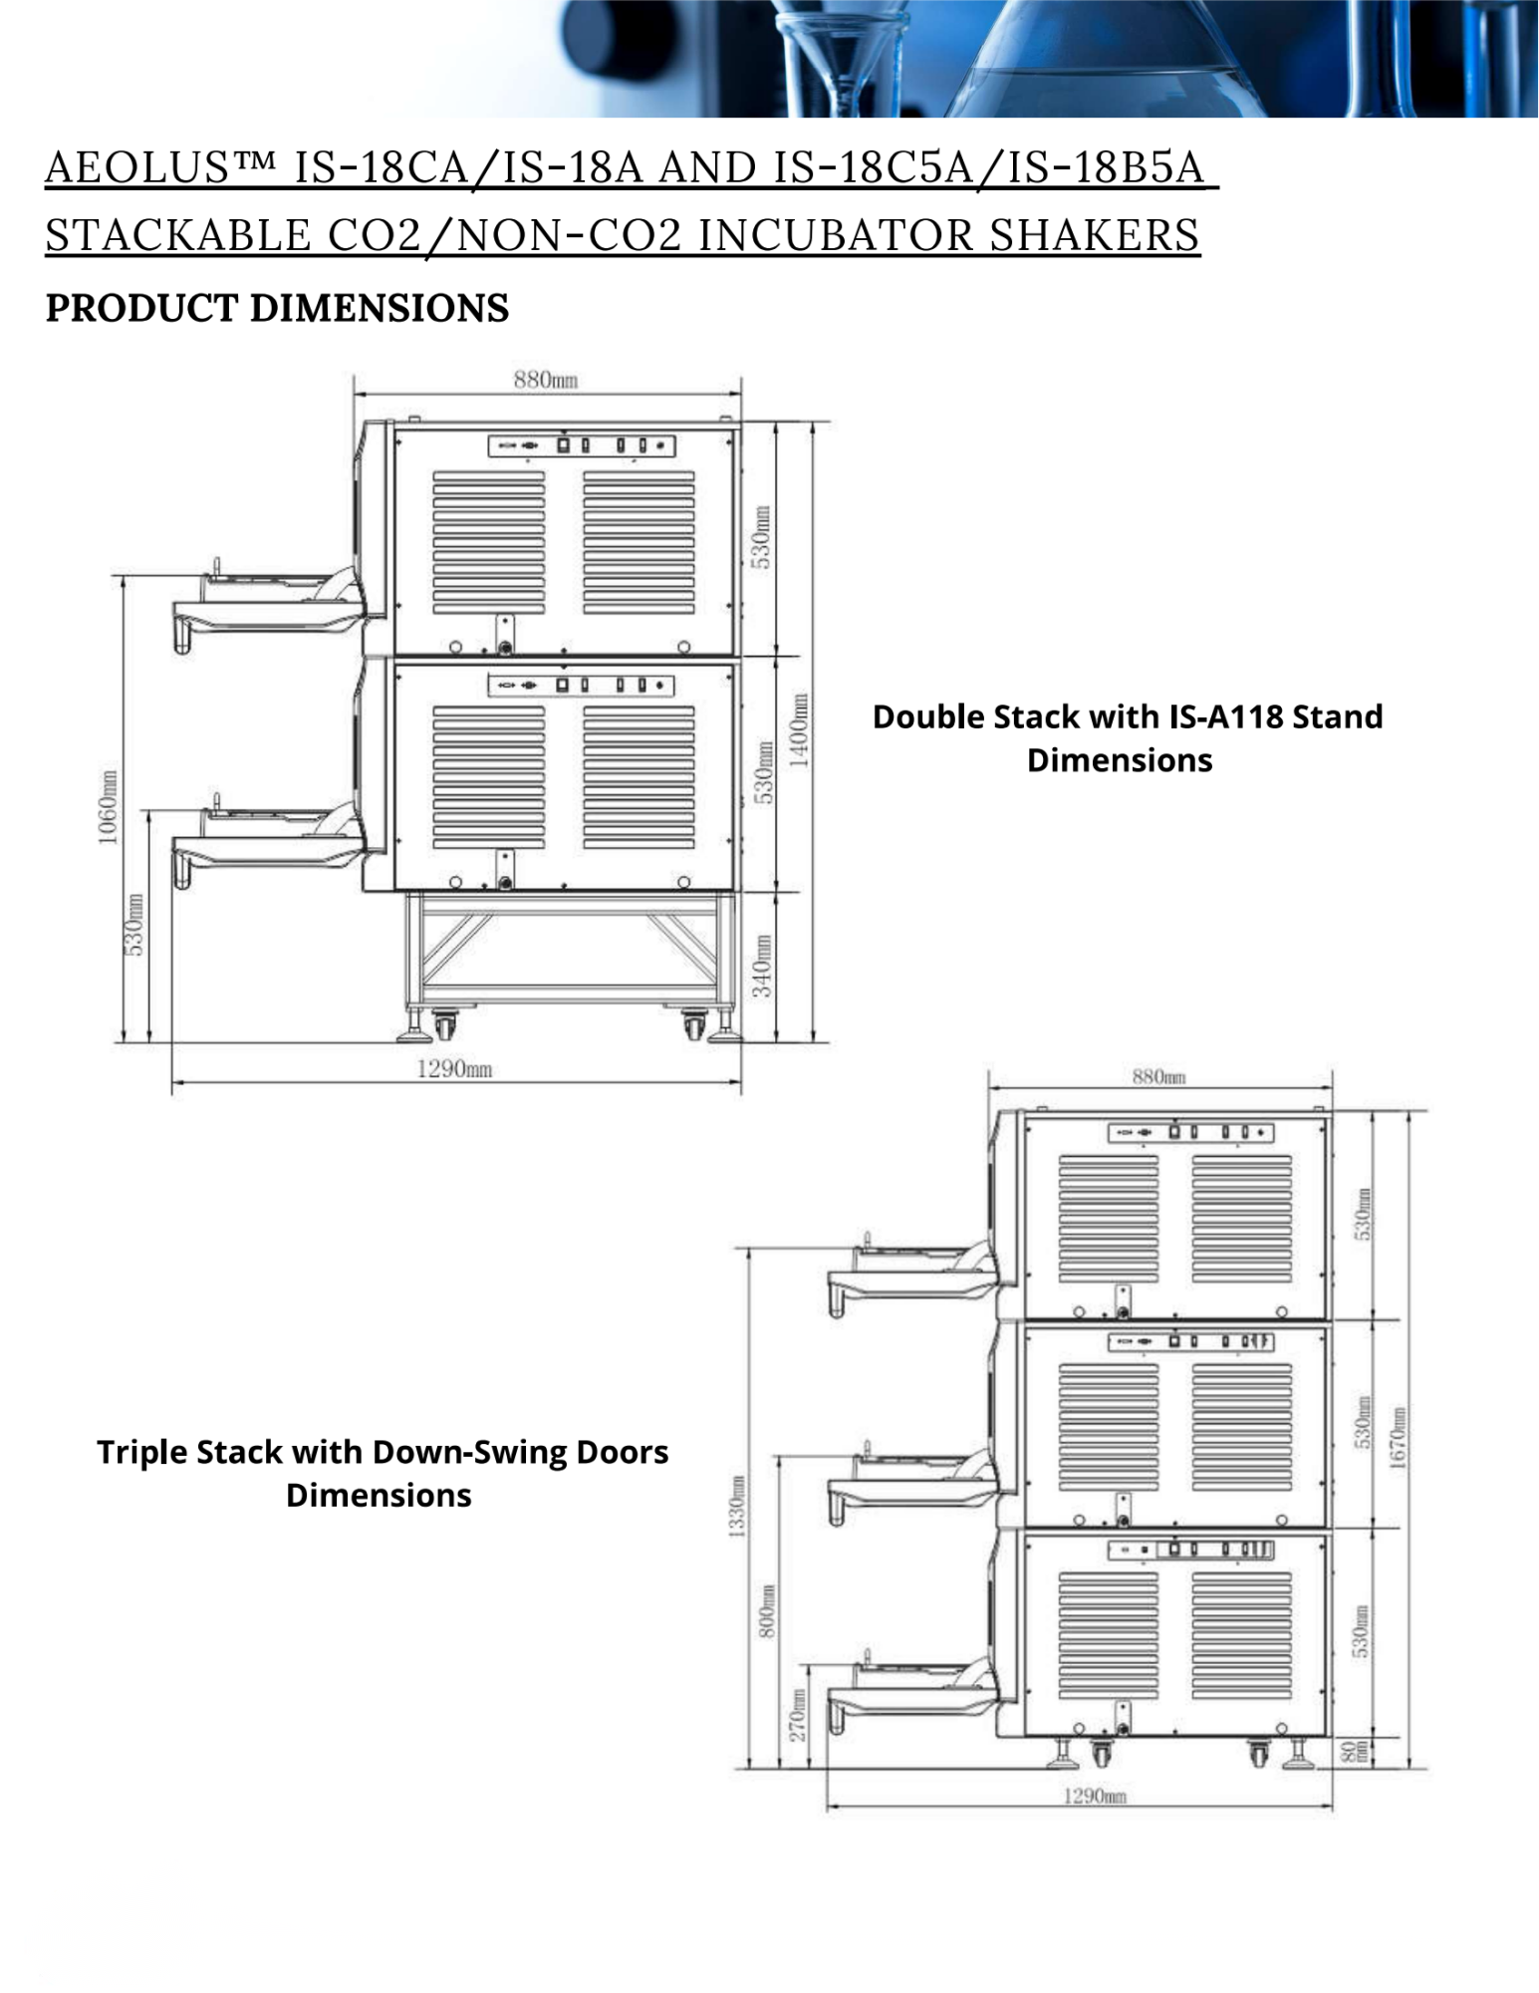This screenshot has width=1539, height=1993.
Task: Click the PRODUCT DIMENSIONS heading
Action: coord(277,309)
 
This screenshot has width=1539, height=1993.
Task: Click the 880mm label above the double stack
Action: coord(546,379)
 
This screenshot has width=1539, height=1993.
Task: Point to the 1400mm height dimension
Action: coord(798,730)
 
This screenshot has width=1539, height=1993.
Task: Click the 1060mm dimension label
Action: coord(108,806)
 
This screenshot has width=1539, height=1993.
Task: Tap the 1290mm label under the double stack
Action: coord(454,1069)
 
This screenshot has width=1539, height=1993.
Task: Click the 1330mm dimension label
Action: coord(738,1507)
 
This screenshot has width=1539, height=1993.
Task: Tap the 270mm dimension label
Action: coord(798,1716)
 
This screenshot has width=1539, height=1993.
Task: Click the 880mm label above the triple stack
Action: coord(1158,1076)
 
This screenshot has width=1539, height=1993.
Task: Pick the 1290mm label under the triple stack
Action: coord(1095,1796)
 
